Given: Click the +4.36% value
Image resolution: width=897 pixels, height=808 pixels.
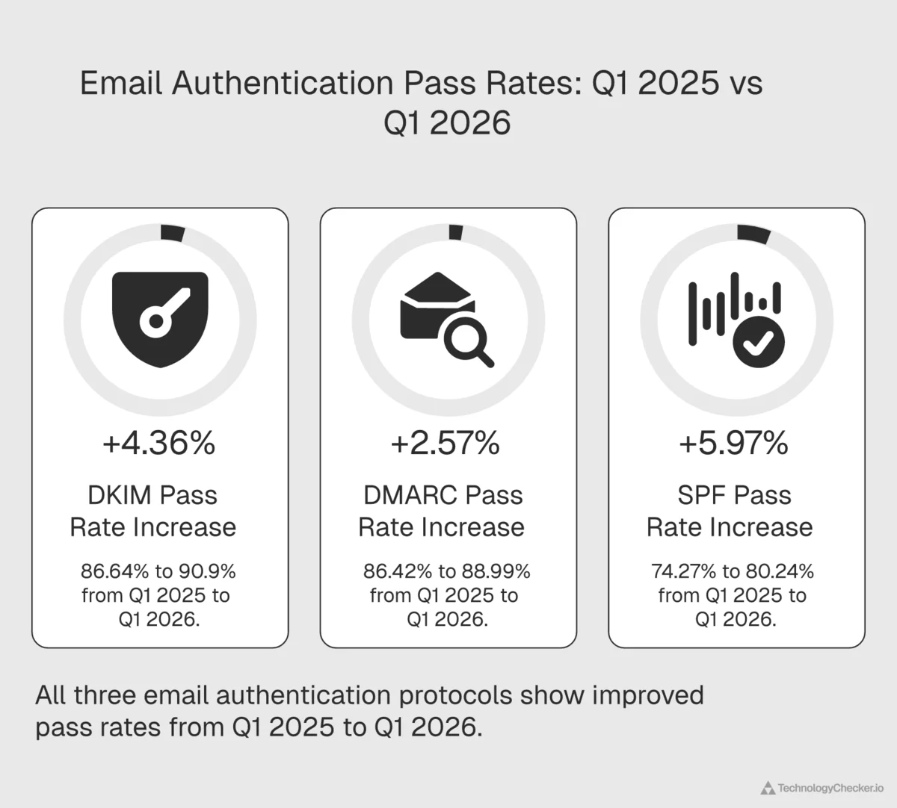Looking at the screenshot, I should pos(159,444).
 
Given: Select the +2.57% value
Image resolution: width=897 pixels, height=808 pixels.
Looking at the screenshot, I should pos(446,444).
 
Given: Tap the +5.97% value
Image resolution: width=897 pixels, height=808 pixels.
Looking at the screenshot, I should pos(733,444).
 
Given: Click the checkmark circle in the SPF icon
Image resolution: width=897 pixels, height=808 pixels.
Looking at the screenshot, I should pos(758,344).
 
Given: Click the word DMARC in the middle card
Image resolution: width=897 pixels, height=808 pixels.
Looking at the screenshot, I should pos(410,495).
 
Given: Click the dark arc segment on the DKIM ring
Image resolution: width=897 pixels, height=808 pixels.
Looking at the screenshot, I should pos(173,232).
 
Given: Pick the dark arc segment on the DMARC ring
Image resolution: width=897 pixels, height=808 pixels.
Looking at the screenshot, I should pos(455,232).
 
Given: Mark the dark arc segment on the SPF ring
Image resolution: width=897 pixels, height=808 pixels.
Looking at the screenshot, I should pos(753,234).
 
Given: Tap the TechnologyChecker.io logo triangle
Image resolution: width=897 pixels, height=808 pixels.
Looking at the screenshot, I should pos(767,788).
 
